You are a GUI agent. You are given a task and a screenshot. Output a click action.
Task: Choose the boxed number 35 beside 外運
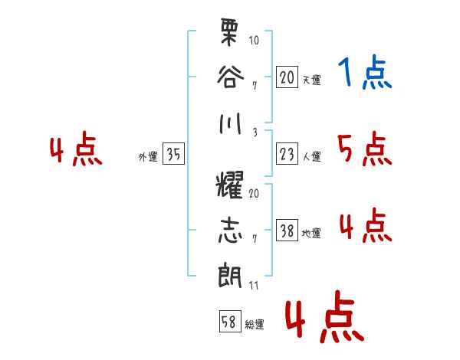coord(173,155)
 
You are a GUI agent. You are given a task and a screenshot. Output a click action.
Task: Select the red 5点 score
coord(365,149)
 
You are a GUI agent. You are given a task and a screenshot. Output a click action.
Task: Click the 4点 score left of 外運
coord(76,150)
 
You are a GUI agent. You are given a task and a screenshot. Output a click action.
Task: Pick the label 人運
coord(312,157)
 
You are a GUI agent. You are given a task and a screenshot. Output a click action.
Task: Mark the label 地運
coord(312,234)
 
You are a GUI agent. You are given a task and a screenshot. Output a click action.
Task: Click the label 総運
coord(255,325)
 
